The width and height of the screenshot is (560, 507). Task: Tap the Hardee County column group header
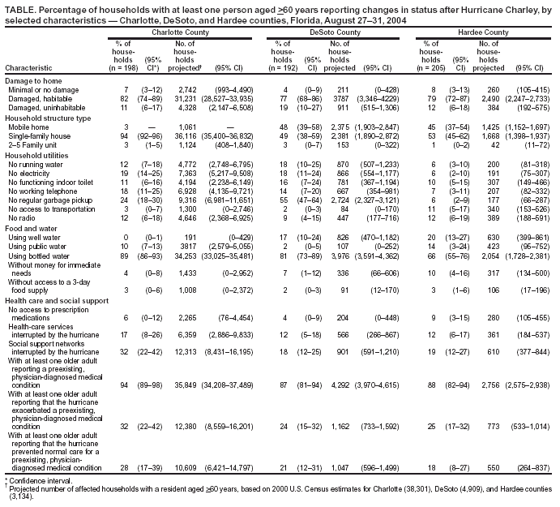pyautogui.click(x=484, y=32)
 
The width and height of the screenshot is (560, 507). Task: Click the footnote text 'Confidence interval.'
pyautogui.click(x=34, y=480)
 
